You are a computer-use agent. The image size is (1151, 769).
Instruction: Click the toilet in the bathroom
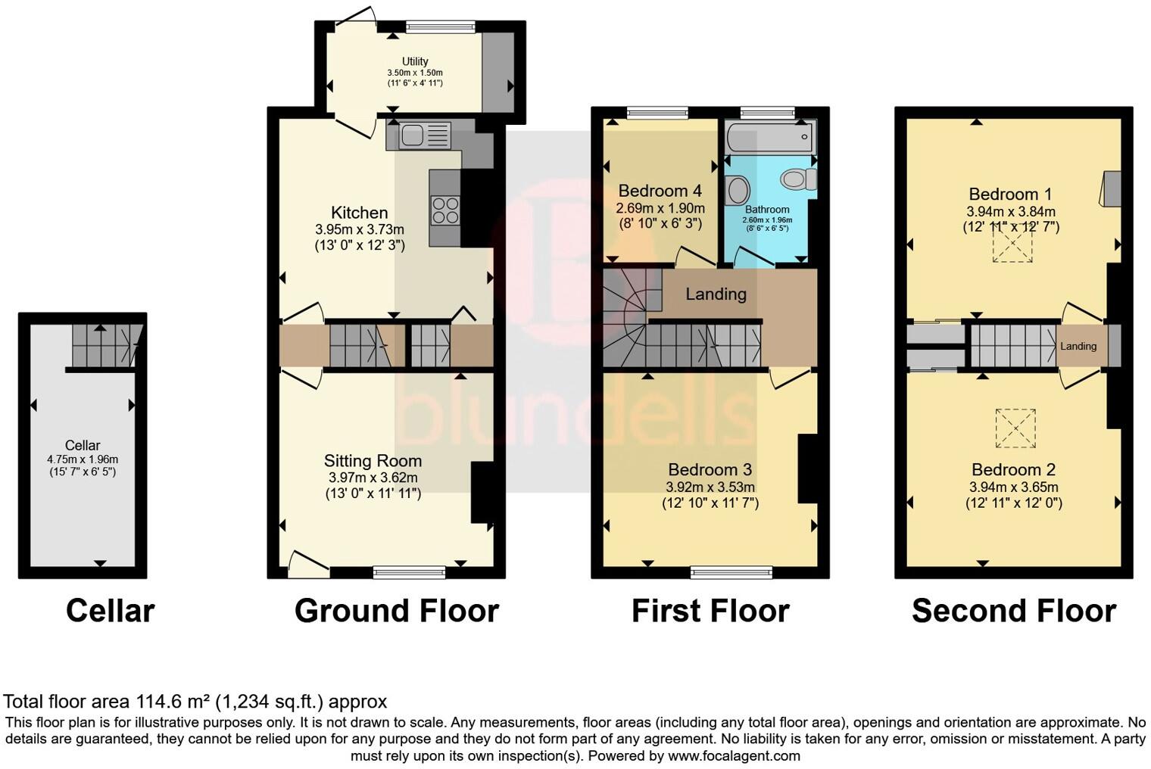(797, 179)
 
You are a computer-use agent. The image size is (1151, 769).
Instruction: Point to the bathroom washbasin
(737, 190)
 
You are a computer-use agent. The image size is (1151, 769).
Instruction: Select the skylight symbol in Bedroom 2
(1015, 428)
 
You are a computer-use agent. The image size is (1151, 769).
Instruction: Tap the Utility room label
(415, 61)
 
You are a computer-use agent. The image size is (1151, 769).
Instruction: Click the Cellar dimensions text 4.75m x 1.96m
(83, 459)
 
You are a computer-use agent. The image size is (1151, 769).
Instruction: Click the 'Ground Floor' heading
(396, 610)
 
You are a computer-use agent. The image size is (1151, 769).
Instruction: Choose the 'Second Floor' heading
(1013, 610)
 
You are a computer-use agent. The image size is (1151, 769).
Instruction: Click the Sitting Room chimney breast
(482, 492)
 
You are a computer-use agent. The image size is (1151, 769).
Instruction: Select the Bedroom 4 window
(657, 113)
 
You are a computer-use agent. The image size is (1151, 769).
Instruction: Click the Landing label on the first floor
(716, 294)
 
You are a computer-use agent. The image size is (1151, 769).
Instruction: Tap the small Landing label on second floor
(1078, 346)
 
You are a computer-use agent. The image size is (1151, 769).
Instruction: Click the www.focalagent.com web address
(734, 755)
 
